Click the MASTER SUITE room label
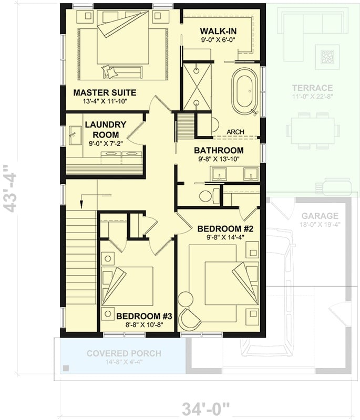tap(105, 93)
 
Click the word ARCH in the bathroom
tap(235, 132)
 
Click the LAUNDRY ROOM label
tap(105, 129)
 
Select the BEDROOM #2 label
tap(225, 229)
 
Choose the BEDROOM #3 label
tap(145, 316)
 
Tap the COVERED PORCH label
tap(124, 353)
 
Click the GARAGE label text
tap(320, 216)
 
